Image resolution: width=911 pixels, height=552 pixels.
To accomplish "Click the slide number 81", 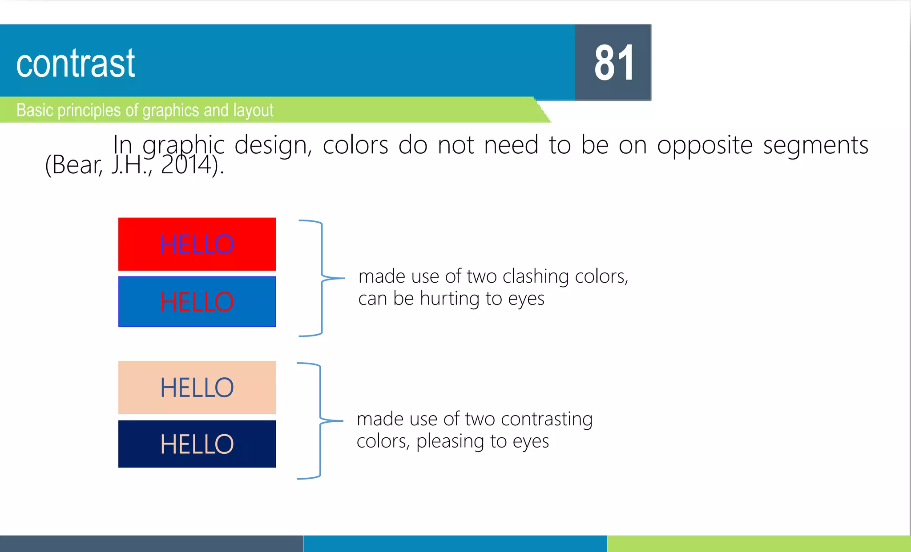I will (614, 63).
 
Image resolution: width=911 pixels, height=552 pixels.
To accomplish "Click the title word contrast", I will (76, 64).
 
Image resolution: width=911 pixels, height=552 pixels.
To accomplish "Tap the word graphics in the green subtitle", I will (170, 110).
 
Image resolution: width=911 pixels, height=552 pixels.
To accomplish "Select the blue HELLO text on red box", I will (197, 244).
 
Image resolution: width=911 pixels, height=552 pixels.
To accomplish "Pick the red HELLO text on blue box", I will (197, 302).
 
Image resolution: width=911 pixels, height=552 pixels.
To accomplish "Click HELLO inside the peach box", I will (197, 388).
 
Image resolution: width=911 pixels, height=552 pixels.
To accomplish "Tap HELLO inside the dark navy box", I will (197, 444).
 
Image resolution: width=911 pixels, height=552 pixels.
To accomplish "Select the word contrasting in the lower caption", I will (547, 419).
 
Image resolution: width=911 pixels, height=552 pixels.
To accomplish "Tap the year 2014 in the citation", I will (186, 165).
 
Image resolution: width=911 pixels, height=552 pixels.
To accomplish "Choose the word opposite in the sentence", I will (705, 145).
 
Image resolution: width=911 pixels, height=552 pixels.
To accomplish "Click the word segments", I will (815, 145).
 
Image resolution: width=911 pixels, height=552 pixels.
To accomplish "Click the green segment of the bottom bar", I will (758, 544).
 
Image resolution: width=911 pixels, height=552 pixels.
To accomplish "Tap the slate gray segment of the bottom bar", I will (151, 544).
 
